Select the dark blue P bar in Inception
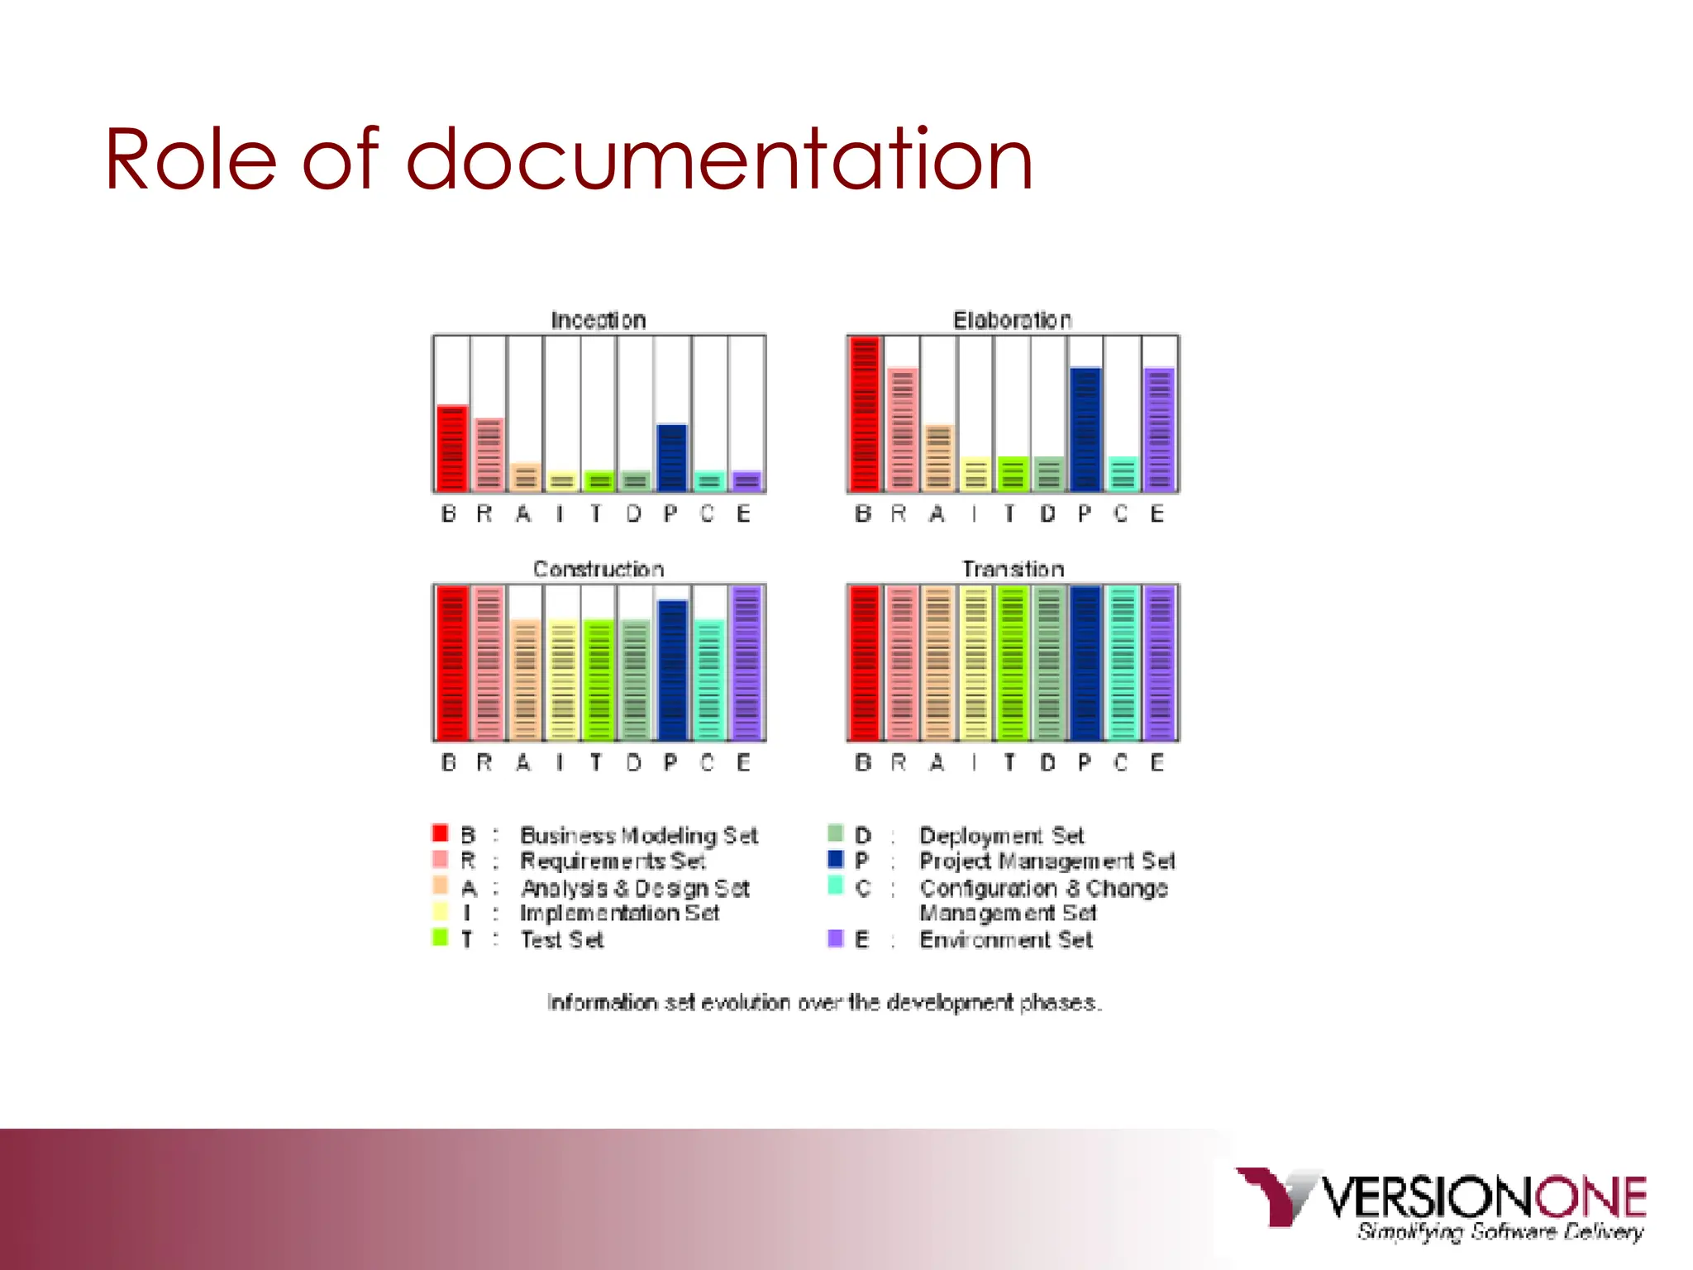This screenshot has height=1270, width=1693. [x=672, y=458]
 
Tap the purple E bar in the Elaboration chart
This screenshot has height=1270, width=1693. [x=1160, y=430]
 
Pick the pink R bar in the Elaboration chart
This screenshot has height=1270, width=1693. [x=902, y=430]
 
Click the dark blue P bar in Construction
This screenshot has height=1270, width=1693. [x=672, y=670]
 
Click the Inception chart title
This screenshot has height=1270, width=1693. [x=599, y=320]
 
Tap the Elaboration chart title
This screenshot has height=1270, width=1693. [x=1013, y=320]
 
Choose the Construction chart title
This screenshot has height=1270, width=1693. [x=599, y=569]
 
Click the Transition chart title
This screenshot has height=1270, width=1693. [x=1013, y=569]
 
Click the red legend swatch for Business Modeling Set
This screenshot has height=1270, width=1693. [x=440, y=833]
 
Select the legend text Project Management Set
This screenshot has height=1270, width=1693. [x=1047, y=862]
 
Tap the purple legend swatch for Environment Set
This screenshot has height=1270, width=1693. [x=835, y=938]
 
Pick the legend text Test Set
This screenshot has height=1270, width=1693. [x=562, y=940]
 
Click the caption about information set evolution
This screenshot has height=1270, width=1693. [x=823, y=1003]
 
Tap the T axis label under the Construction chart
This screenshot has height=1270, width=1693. [x=596, y=762]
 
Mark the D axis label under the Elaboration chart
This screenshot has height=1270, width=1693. [x=1047, y=514]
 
